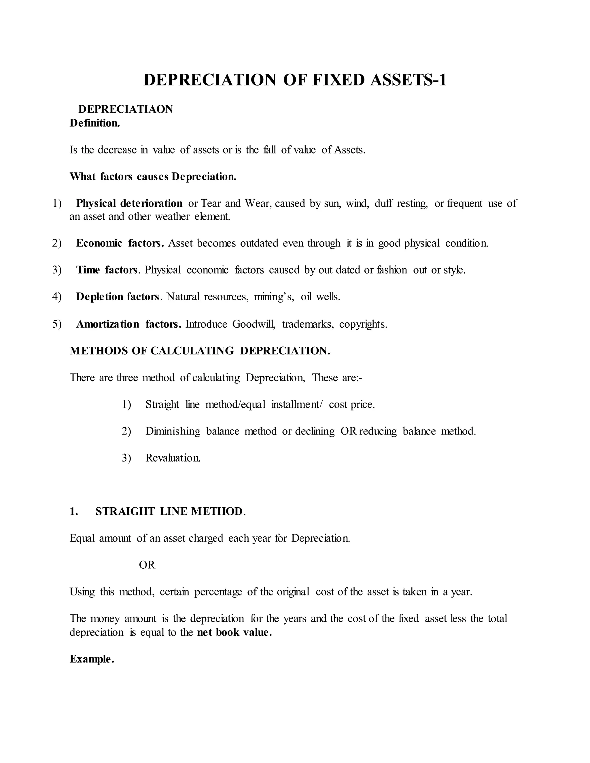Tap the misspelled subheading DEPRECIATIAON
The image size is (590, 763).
[126, 109]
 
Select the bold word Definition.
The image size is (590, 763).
[95, 123]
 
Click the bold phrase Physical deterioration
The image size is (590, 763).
[129, 203]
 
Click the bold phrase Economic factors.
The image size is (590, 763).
[120, 243]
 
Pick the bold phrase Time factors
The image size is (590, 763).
[107, 270]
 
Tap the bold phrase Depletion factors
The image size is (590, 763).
[118, 297]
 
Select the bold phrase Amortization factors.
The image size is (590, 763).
[128, 324]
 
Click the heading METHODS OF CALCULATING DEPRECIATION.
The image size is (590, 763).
[200, 351]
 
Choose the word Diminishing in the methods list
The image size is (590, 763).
[173, 431]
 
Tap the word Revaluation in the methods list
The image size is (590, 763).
[173, 458]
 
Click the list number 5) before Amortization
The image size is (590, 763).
[57, 324]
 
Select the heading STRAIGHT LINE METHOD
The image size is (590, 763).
[169, 511]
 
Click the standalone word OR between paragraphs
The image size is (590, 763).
[147, 565]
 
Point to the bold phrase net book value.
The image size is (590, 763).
[234, 632]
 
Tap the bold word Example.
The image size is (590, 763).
[92, 659]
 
